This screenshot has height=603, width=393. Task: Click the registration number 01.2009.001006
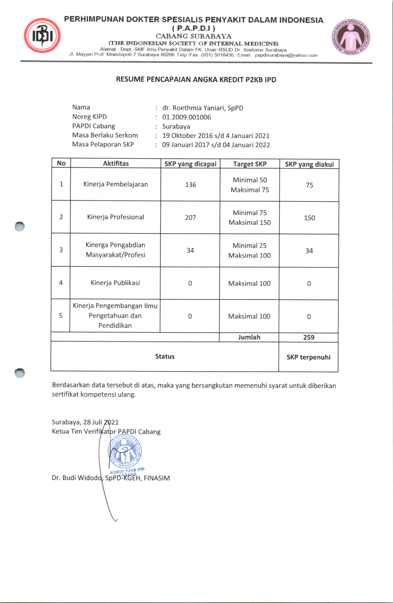(x=186, y=117)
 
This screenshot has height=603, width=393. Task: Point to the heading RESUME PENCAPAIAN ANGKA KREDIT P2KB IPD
(x=196, y=80)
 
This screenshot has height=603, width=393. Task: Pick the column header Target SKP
(x=250, y=164)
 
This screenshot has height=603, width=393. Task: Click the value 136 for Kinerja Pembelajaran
(x=190, y=185)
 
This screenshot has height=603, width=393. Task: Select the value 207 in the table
(x=190, y=217)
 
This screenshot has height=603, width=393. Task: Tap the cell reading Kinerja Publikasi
(x=115, y=283)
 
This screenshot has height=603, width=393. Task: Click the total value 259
(x=309, y=337)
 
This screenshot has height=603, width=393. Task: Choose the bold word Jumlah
(x=249, y=337)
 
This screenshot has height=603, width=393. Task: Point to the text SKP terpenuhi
(x=308, y=357)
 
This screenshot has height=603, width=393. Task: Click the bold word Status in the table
(x=165, y=356)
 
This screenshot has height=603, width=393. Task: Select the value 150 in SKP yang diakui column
(x=309, y=218)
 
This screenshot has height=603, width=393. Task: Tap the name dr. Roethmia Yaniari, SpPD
(x=203, y=108)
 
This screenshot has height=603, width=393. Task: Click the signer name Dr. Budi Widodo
(x=77, y=478)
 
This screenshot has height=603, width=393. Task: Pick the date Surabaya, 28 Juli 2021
(x=85, y=422)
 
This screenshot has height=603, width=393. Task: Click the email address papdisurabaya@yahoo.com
(x=286, y=55)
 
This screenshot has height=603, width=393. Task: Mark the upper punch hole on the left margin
(x=19, y=226)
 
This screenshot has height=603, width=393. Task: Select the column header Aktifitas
(x=116, y=163)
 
